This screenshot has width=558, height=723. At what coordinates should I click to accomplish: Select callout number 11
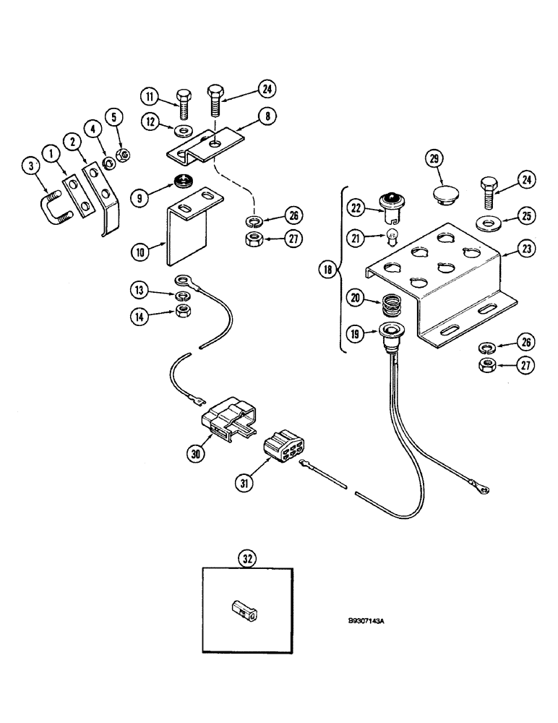point(148,95)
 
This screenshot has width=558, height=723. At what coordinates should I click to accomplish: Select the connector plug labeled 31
point(283,449)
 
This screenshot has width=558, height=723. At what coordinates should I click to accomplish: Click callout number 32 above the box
point(248,559)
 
